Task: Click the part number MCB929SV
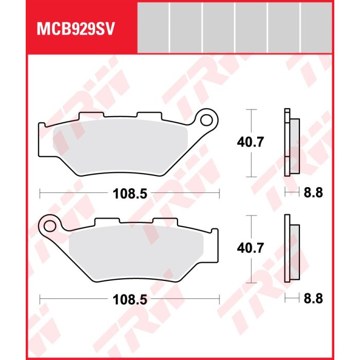[x=76, y=29]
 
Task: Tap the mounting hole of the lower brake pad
[x=49, y=226]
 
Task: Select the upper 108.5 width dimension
[x=130, y=194]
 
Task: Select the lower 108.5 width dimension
[x=130, y=300]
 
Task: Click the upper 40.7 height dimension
[x=250, y=142]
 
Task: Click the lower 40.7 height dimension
[x=250, y=248]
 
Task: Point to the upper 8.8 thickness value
[x=313, y=192]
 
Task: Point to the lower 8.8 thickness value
[x=313, y=298]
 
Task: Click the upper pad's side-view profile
[x=292, y=142]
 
